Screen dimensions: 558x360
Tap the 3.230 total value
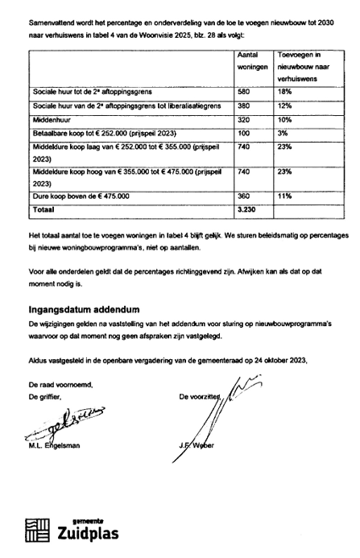coord(250,207)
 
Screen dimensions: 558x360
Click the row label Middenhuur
coord(52,118)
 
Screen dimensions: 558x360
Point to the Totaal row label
coord(43,207)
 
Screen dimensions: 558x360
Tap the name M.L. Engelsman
coord(60,446)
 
